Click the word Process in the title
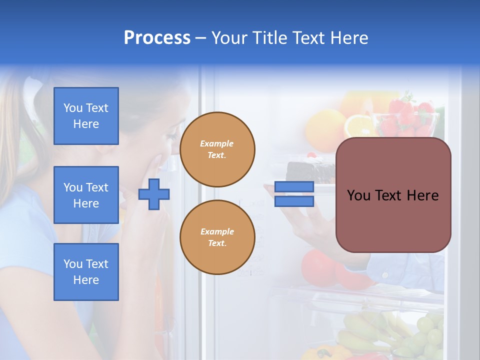157,37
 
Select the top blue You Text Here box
86,116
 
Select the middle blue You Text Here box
86,195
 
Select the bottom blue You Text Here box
86,272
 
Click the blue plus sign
154,194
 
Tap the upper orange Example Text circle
217,149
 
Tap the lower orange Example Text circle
217,237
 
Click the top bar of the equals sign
294,186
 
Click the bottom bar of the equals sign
294,201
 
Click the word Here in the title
348,37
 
